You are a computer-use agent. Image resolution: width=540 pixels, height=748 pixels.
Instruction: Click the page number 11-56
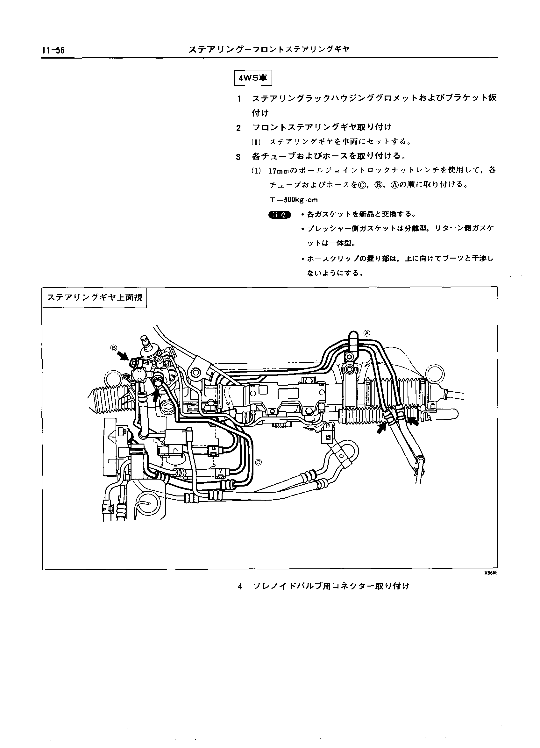tap(53, 50)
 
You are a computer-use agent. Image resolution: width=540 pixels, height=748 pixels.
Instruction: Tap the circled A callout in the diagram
tap(367, 333)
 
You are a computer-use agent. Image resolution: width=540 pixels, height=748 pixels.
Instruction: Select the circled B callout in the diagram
tap(114, 348)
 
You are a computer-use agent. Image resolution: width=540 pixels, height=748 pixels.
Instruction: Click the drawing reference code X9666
tap(491, 573)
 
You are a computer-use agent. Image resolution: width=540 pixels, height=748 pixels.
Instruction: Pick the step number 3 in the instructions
tap(238, 157)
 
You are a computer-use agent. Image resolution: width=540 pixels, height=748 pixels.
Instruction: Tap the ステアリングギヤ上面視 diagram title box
tap(95, 297)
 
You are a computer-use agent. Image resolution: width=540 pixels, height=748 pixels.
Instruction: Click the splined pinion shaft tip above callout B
tap(144, 339)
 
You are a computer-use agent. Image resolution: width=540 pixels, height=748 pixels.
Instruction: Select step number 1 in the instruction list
tap(239, 99)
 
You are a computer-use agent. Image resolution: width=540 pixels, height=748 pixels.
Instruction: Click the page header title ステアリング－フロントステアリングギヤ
tap(269, 50)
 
